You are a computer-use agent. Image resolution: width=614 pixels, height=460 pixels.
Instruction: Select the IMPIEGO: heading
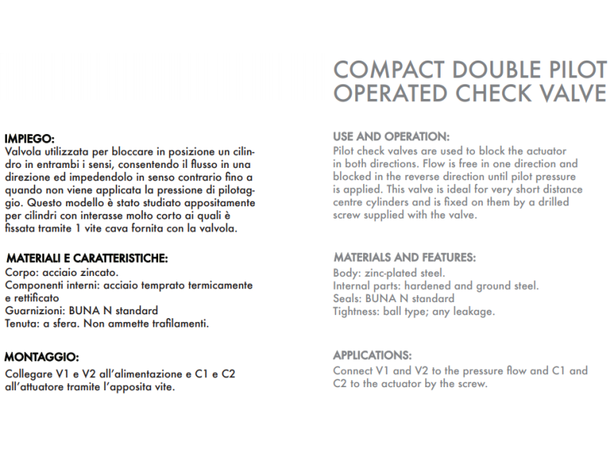pos(29,139)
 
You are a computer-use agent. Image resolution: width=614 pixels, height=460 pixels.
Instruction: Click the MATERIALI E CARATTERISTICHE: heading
pos(86,258)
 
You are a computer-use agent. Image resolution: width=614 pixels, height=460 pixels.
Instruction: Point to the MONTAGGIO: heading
pos(41,356)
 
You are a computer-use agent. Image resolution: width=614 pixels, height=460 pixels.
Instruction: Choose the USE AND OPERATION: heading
pos(391,136)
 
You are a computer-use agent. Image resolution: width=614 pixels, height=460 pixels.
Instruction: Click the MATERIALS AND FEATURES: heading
pos(404,258)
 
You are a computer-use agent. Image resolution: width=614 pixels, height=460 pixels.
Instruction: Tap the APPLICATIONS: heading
pos(372,356)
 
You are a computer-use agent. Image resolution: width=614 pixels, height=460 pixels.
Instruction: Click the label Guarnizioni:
pos(36,310)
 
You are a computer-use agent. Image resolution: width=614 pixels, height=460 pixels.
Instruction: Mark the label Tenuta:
pos(22,324)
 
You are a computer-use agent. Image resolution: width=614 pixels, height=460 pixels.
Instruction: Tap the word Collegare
pos(29,374)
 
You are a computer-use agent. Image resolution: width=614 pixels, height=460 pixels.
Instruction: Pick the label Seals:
pos(349,298)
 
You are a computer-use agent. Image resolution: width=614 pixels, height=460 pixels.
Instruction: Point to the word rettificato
pos(34,297)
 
